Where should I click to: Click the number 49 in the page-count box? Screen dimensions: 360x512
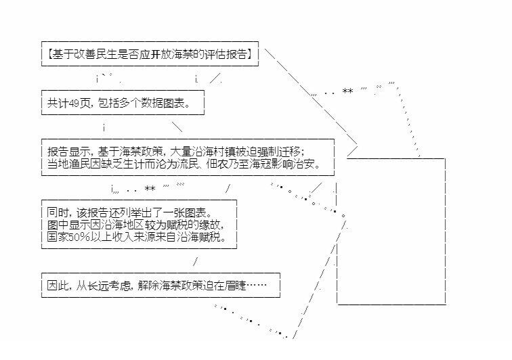tap(75, 103)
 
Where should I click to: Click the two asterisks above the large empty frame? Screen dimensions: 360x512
tap(347, 91)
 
